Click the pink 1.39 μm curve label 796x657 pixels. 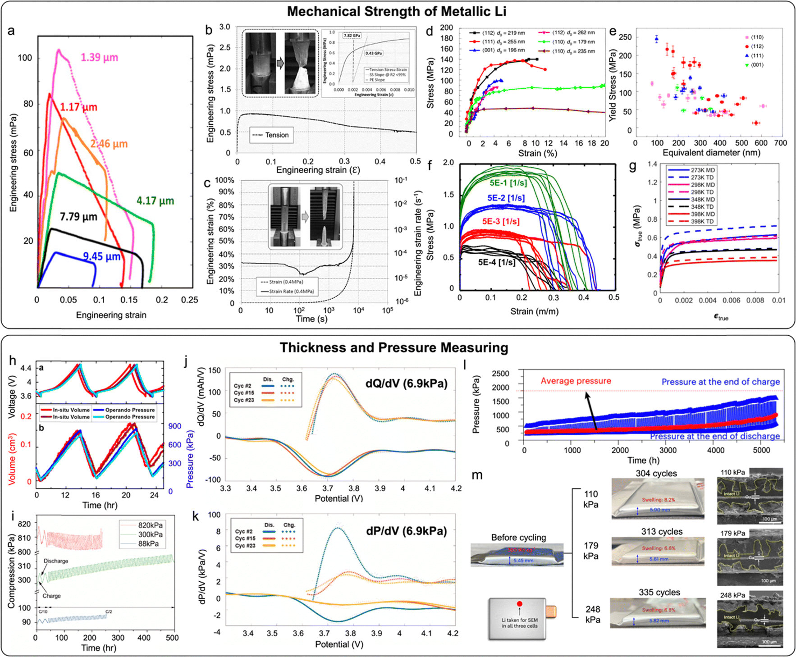coord(99,57)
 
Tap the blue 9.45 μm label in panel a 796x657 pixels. coord(101,256)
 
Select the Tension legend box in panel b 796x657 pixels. coord(271,135)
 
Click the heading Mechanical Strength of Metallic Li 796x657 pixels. coord(397,11)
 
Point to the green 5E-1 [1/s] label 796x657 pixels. coord(508,183)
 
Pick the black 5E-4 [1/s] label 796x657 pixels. coord(496,262)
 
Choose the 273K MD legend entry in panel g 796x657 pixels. coord(692,170)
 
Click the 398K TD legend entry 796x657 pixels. coord(692,221)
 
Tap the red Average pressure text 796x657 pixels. coord(576,381)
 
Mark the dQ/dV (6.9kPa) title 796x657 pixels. coord(406,383)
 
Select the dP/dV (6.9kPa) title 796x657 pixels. coord(406,531)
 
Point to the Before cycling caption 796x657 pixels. coord(518,537)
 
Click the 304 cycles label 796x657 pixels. coord(656,473)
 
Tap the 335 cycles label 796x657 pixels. coord(659,592)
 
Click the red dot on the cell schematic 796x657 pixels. coord(520,604)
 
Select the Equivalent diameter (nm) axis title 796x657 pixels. coord(711,152)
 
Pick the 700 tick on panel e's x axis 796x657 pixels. coord(780,143)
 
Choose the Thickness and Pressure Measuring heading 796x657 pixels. coord(393,347)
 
